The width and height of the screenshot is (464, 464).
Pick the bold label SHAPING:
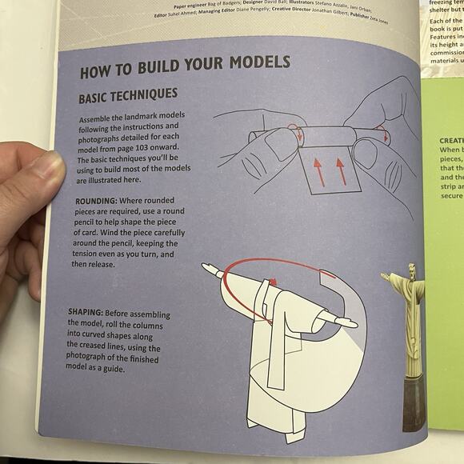[x=91, y=313]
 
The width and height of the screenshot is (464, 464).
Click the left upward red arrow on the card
[x=318, y=170]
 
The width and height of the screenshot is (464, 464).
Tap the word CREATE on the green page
[x=450, y=140]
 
